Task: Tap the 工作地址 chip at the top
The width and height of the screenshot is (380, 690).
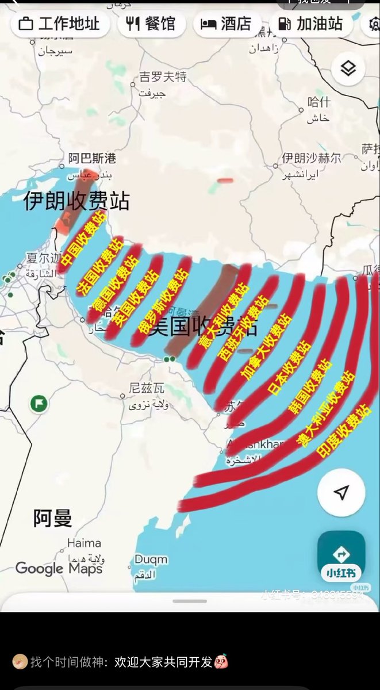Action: pyautogui.click(x=59, y=24)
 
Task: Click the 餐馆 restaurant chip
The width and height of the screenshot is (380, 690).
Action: pyautogui.click(x=150, y=24)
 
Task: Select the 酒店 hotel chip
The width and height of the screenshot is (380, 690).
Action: pyautogui.click(x=227, y=24)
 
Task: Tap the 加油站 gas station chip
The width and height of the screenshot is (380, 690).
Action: pyautogui.click(x=310, y=24)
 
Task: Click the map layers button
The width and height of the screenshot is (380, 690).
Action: pyautogui.click(x=348, y=69)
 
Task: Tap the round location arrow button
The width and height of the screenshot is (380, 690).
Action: pyautogui.click(x=341, y=493)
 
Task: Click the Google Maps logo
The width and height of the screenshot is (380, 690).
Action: pyautogui.click(x=59, y=569)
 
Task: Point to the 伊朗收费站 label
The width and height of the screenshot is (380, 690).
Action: pyautogui.click(x=76, y=201)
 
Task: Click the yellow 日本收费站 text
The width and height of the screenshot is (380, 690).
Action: pyautogui.click(x=290, y=367)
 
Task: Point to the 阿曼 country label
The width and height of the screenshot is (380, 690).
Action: pyautogui.click(x=52, y=519)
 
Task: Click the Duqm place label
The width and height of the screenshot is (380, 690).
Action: pyautogui.click(x=151, y=559)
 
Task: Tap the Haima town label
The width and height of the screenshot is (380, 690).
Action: pyautogui.click(x=84, y=543)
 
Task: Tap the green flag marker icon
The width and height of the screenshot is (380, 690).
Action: pyautogui.click(x=39, y=402)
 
